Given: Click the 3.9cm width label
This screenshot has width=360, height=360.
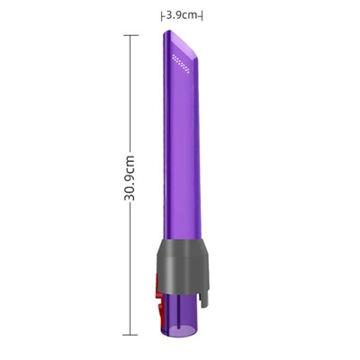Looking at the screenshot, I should coord(183,15).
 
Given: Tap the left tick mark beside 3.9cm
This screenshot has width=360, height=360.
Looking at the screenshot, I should coord(162,15).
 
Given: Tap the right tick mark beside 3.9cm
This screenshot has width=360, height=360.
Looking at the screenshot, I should coord(203,15).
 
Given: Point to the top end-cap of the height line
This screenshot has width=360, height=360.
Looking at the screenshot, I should coord(130,35).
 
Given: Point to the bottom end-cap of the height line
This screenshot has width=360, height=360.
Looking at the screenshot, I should coord(130,335).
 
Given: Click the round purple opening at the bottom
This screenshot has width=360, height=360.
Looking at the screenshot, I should coord(180,330).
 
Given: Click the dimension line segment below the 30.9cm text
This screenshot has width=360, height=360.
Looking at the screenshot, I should coord(130,270).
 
